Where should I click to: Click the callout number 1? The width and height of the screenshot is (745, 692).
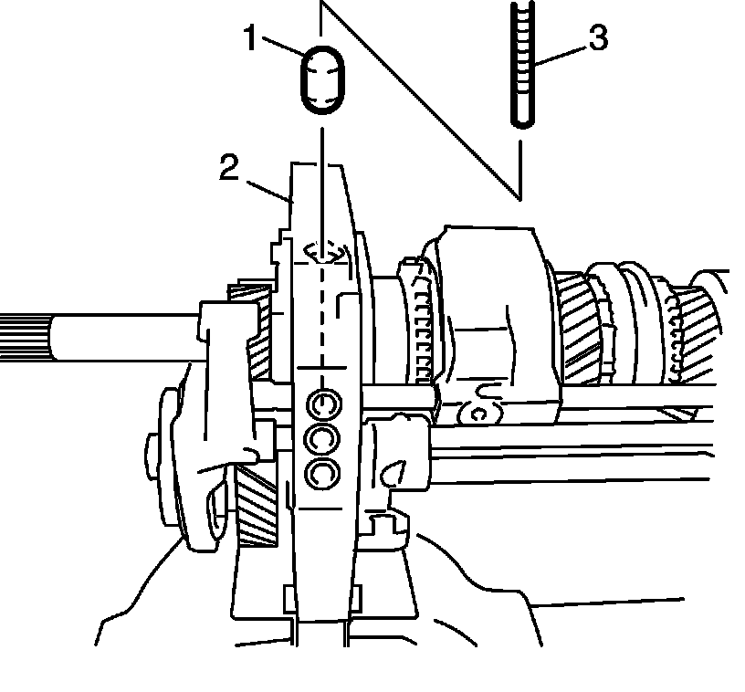(250, 40)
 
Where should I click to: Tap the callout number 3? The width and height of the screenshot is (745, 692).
(596, 39)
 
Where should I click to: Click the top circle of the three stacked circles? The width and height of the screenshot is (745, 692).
(322, 403)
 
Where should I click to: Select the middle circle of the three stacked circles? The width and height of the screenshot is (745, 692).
(322, 438)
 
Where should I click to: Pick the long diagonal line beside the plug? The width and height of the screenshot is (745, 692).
(420, 100)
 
